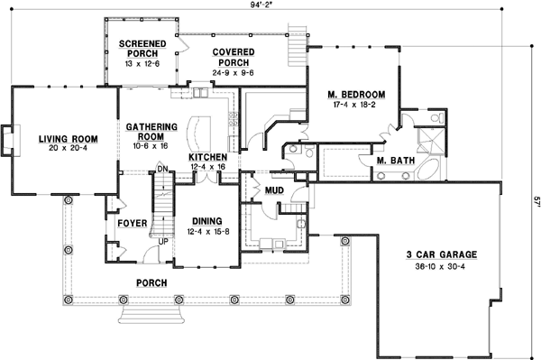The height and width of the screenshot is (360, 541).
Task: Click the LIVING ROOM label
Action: click(x=68, y=139)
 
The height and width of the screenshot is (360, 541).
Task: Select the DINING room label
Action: click(x=207, y=220)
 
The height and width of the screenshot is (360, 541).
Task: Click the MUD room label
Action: click(x=275, y=190)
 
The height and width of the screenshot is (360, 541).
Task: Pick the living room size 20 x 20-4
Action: click(x=68, y=149)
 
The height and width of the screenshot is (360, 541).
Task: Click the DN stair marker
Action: click(x=163, y=169)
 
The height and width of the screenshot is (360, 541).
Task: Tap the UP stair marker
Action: click(x=162, y=241)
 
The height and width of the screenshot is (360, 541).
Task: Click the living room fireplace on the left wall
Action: click(x=7, y=140)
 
